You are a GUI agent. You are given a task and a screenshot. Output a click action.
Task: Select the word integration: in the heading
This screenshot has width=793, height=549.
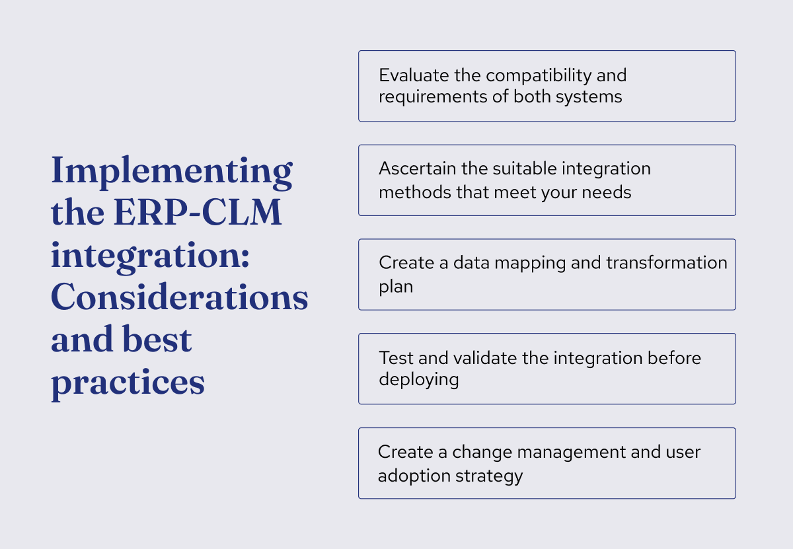pos(150,256)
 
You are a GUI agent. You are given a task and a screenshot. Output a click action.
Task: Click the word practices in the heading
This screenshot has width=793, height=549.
pos(128,383)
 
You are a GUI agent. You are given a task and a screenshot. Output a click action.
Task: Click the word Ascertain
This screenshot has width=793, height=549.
pos(418,168)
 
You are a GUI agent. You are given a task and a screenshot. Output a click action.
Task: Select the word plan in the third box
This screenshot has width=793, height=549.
pos(395,287)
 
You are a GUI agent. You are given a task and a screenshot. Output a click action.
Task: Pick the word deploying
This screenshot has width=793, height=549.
pos(418,380)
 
